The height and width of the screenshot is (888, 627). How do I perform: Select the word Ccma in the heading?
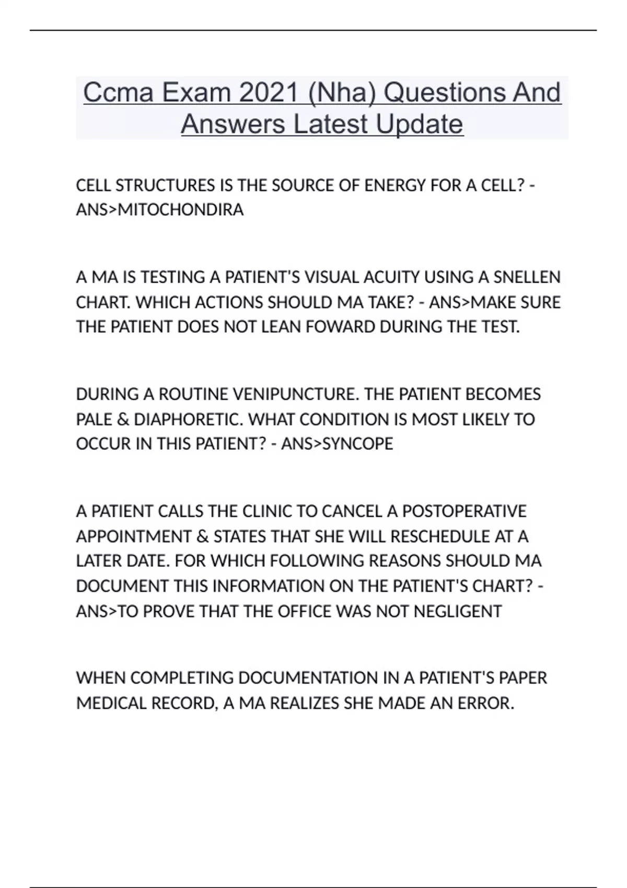click(118, 92)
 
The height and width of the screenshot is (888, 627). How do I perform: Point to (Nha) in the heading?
click(342, 92)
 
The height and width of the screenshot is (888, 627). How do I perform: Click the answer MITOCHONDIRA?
click(181, 210)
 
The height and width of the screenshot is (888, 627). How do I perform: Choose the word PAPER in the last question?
click(523, 678)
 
